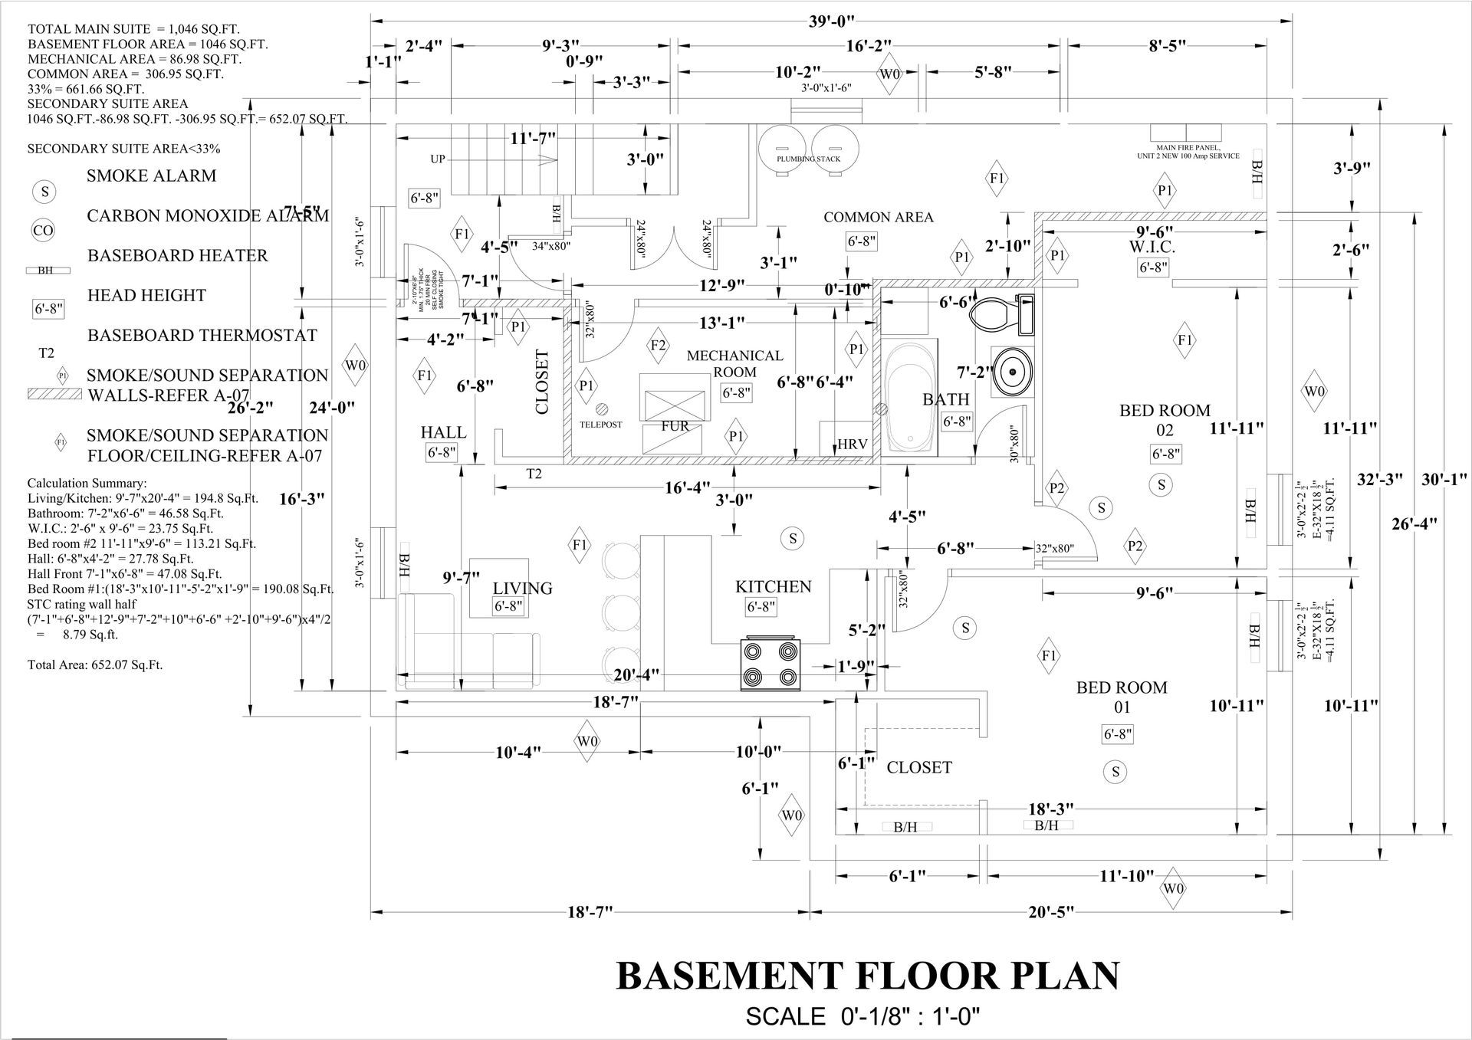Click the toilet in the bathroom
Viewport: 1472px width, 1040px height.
coord(1001,313)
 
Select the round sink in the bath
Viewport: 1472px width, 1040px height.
coord(1012,372)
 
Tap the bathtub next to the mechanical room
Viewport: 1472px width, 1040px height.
coord(909,399)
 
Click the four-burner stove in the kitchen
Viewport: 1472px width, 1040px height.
coord(770,664)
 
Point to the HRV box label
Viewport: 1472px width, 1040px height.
coord(852,445)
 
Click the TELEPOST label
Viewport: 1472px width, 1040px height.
coord(600,424)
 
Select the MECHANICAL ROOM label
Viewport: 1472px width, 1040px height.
coord(734,363)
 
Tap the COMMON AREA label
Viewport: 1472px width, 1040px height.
coord(878,217)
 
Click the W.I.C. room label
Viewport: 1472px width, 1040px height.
coord(1152,248)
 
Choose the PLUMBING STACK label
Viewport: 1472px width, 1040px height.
coord(808,159)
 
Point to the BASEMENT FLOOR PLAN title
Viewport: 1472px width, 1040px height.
coord(867,976)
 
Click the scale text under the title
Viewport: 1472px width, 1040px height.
coord(863,1016)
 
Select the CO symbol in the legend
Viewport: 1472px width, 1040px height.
coord(44,230)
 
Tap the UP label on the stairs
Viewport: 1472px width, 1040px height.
coord(437,159)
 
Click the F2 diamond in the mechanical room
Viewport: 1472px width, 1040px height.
coord(658,345)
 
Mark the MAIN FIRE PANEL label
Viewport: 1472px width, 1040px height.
coord(1188,152)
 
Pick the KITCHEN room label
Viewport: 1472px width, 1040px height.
coord(773,587)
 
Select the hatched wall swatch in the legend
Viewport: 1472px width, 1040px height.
coord(54,394)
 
